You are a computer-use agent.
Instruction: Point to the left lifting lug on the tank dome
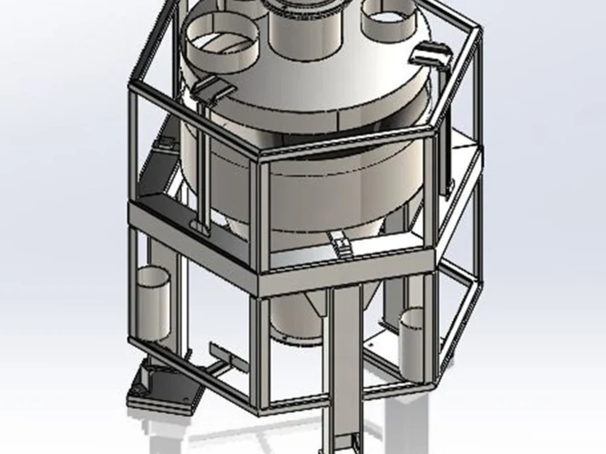point(212,88)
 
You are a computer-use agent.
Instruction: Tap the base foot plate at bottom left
point(164,387)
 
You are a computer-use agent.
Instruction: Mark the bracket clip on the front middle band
point(341,243)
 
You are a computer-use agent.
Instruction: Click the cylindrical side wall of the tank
point(339,194)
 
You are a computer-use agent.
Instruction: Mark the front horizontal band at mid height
point(345,275)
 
